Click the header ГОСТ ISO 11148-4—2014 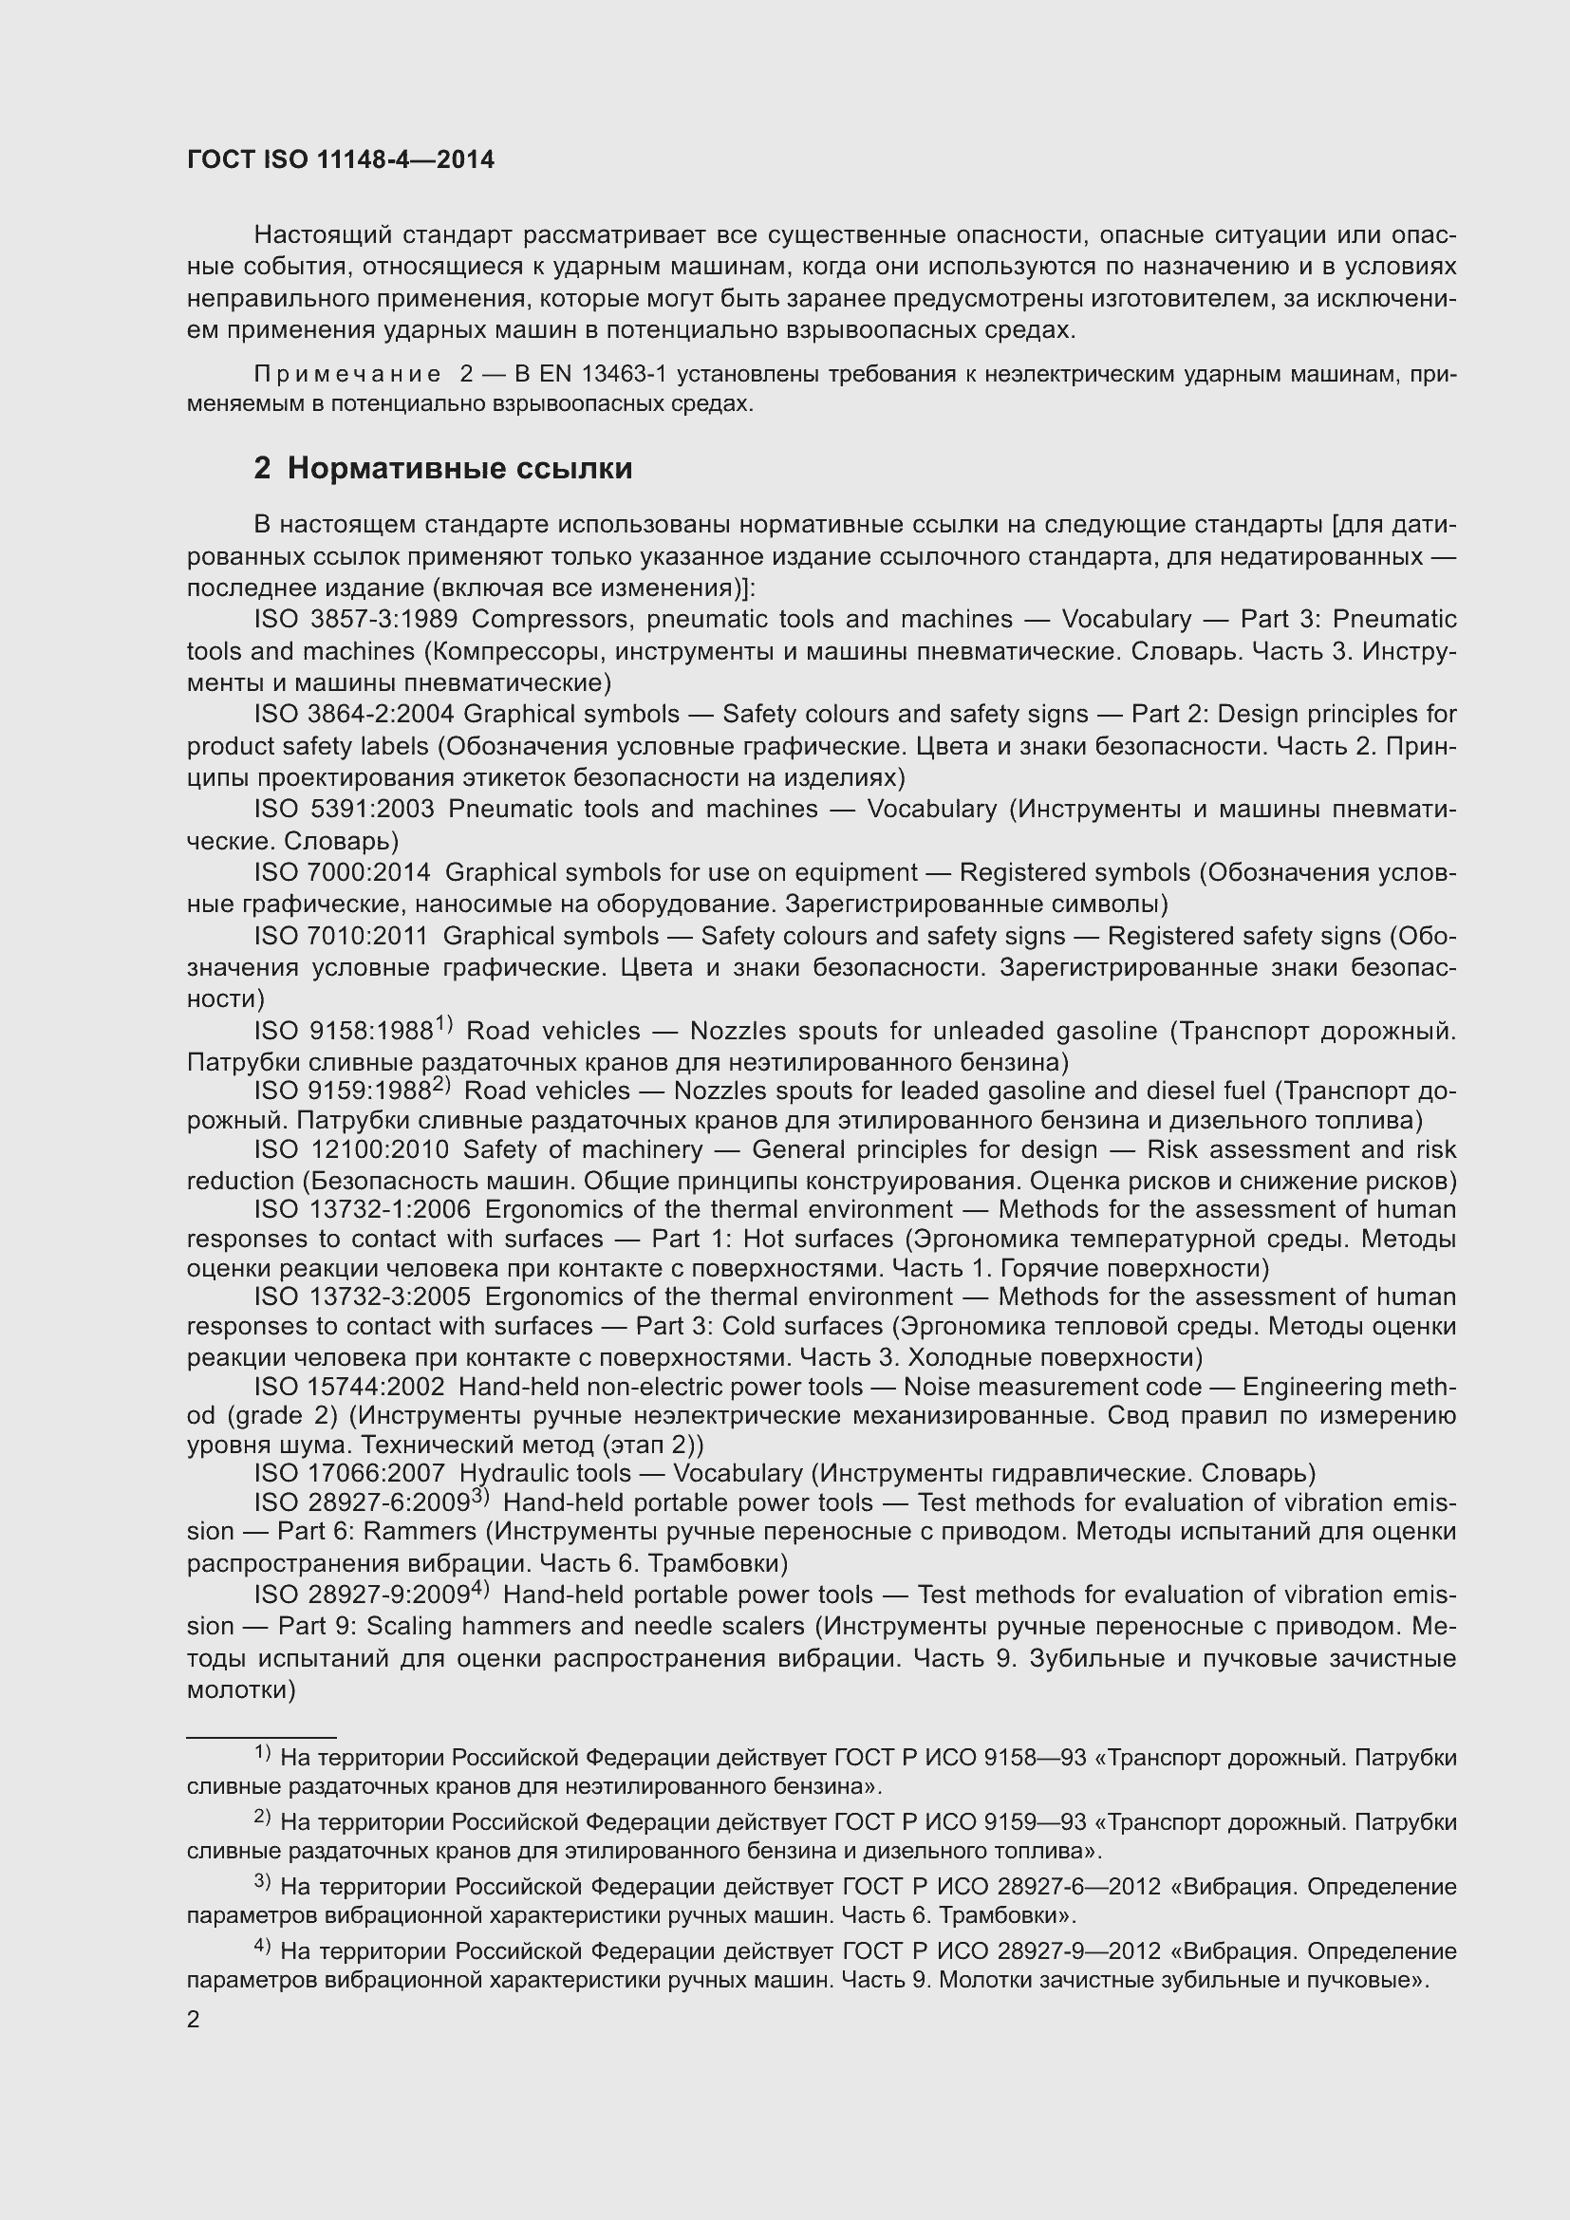pos(341,159)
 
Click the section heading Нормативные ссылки pos(459,468)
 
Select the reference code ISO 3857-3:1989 pos(355,619)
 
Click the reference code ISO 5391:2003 pos(344,809)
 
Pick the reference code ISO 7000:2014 pos(342,872)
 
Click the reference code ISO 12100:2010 pos(351,1149)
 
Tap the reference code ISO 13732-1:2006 pos(362,1209)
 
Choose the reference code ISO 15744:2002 pos(349,1387)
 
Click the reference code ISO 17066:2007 pos(349,1474)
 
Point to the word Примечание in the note pos(347,374)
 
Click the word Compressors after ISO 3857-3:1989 pos(548,619)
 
